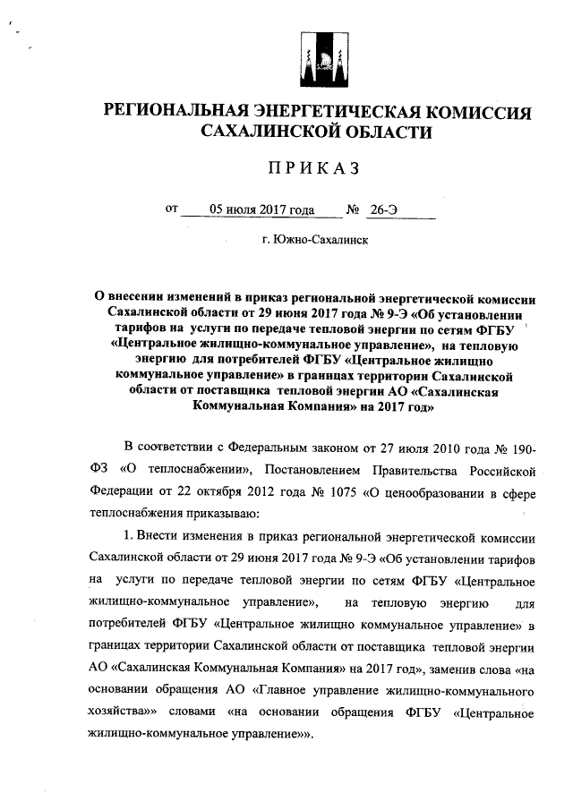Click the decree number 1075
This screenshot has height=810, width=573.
pyautogui.click(x=336, y=491)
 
